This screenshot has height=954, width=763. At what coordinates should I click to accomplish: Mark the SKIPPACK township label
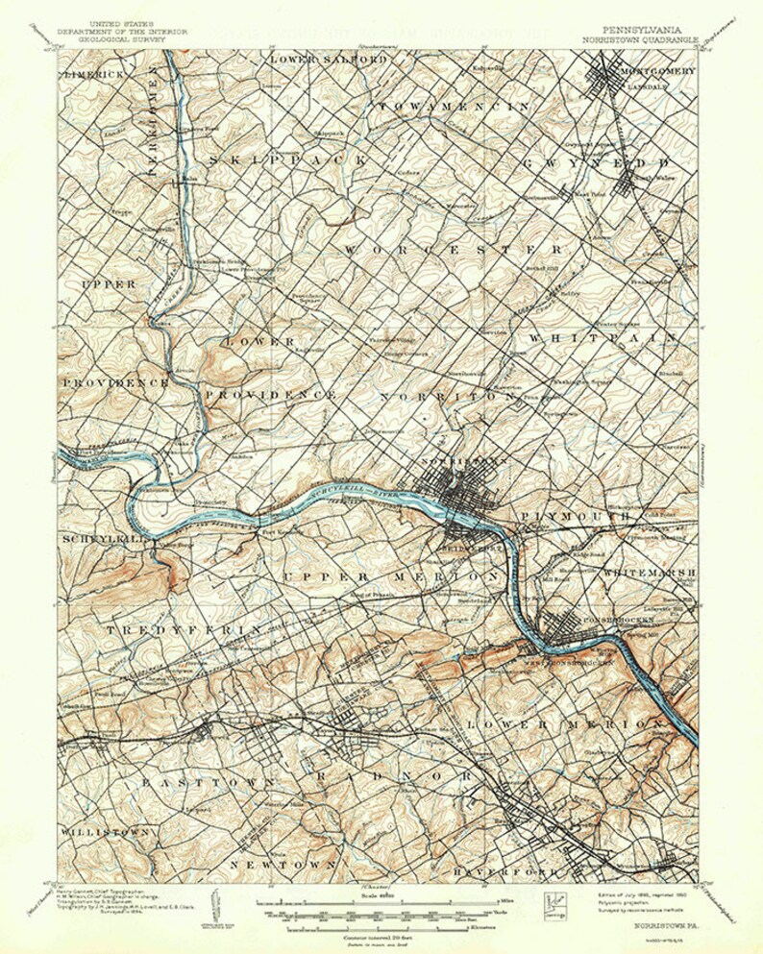(285, 158)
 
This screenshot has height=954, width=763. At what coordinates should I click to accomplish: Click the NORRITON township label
(450, 396)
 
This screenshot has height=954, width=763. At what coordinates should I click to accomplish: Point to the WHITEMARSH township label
(648, 573)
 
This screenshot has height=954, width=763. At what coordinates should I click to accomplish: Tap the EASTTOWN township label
(201, 783)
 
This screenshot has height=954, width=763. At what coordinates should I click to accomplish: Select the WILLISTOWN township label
(105, 828)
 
